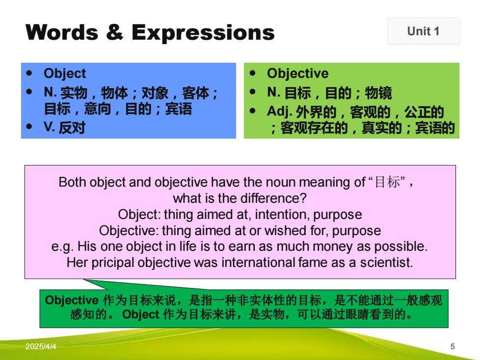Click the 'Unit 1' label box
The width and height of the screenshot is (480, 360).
pyautogui.click(x=423, y=31)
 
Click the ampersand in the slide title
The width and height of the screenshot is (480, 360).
pyautogui.click(x=115, y=32)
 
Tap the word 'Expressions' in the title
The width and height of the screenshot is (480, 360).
pyautogui.click(x=203, y=33)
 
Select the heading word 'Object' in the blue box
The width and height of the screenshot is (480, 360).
pyautogui.click(x=65, y=74)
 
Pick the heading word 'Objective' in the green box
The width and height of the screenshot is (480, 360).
pyautogui.click(x=298, y=73)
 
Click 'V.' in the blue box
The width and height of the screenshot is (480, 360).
pyautogui.click(x=49, y=127)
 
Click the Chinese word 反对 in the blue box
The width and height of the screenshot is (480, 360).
pyautogui.click(x=72, y=127)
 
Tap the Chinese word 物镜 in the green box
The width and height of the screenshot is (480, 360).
pyautogui.click(x=378, y=93)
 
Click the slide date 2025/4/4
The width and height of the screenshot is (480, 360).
pyautogui.click(x=41, y=347)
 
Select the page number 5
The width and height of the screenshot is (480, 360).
pyautogui.click(x=453, y=347)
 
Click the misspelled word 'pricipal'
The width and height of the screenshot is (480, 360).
pyautogui.click(x=113, y=263)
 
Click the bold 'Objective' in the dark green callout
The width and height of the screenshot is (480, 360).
pyautogui.click(x=72, y=300)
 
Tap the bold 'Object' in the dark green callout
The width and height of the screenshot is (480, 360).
pyautogui.click(x=141, y=314)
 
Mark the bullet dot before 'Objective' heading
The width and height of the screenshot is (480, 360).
pyautogui.click(x=253, y=73)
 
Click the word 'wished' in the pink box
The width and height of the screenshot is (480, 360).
pyautogui.click(x=286, y=231)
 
